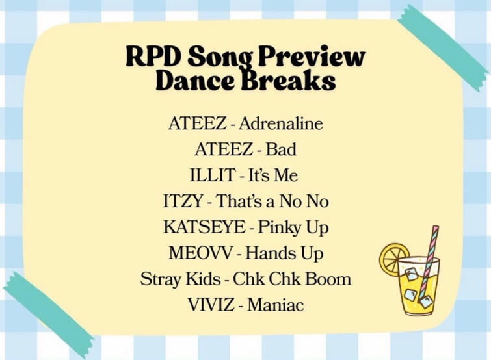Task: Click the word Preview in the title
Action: tap(312, 57)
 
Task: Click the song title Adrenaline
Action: tap(280, 123)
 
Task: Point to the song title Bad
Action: tap(281, 149)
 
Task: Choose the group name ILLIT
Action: tap(213, 175)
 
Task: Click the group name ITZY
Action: tap(183, 201)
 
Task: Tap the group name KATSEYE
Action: tap(204, 227)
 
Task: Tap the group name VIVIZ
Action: tap(211, 305)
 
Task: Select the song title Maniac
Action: tap(276, 305)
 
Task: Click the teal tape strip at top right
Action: tap(443, 48)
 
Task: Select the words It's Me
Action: tap(272, 175)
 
